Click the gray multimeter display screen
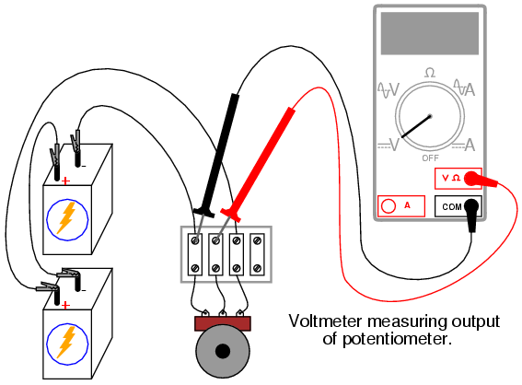click(x=429, y=33)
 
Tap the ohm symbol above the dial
click(x=430, y=73)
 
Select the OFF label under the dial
click(x=431, y=157)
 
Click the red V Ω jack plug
click(x=481, y=180)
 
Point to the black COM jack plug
click(x=471, y=213)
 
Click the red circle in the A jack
click(x=389, y=206)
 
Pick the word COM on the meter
click(x=452, y=207)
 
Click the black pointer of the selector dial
click(x=416, y=126)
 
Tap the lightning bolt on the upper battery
click(x=66, y=217)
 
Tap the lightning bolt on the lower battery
click(x=66, y=342)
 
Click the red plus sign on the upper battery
click(x=66, y=181)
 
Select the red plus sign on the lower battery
click(x=66, y=305)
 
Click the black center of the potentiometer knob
click(x=223, y=351)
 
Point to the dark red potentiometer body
click(x=223, y=323)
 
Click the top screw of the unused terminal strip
click(x=257, y=240)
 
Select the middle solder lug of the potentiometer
click(x=222, y=313)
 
